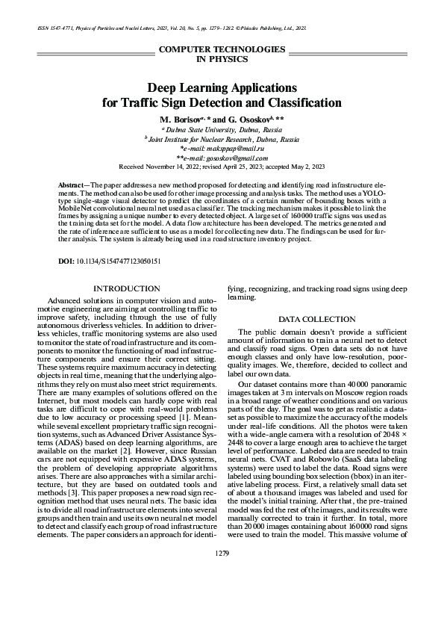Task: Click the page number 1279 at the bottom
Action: (222, 572)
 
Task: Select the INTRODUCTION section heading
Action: (122, 288)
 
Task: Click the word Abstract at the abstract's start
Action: (72, 184)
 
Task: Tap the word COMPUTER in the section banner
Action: (186, 49)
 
